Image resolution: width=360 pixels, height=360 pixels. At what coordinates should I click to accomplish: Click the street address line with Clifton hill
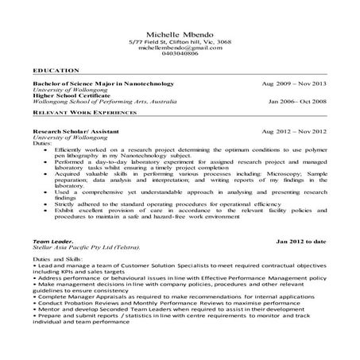[180, 41]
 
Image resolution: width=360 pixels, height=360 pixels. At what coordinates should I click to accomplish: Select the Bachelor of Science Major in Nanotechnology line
[103, 83]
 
